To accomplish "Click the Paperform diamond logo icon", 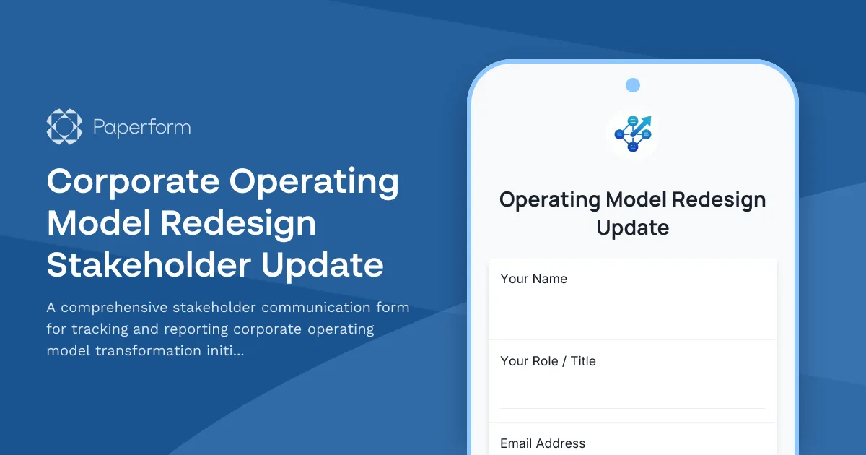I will click(64, 127).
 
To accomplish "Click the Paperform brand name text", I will click(142, 128).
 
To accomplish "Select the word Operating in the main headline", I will click(315, 182).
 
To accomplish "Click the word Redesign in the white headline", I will click(238, 223).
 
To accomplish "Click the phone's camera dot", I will click(633, 85).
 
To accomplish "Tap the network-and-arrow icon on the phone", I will click(633, 133).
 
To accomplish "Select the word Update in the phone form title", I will click(633, 227).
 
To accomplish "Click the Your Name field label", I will click(533, 279).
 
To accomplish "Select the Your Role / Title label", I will click(548, 361).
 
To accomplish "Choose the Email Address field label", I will click(543, 443).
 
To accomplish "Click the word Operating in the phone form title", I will click(550, 199).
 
